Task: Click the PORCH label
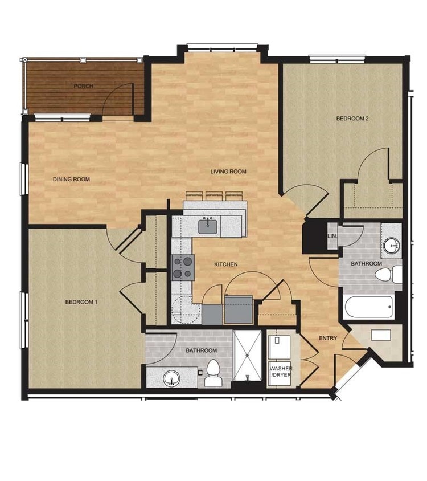[83, 87]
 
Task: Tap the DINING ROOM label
[72, 180]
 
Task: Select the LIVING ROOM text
[228, 172]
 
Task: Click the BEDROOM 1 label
[81, 302]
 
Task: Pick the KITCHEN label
[225, 264]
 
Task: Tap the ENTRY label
[328, 339]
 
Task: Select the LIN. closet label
[331, 236]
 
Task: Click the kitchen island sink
[207, 226]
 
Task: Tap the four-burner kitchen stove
[183, 267]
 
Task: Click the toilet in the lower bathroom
[213, 374]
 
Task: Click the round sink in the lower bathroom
[171, 378]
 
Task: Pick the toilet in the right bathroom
[388, 275]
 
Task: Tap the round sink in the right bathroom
[391, 246]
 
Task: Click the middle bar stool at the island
[214, 195]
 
